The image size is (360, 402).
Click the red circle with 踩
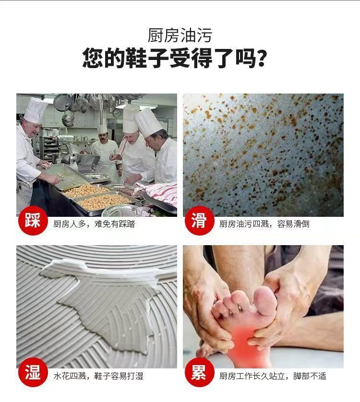[x=33, y=220]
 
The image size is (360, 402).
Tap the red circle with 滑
[x=199, y=220]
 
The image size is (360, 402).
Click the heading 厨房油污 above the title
[x=180, y=35]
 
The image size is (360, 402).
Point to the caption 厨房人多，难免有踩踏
[x=94, y=224]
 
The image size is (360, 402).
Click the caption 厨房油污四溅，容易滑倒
[x=264, y=224]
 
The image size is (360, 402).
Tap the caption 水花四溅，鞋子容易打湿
[x=98, y=376]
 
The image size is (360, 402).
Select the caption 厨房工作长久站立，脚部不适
[x=273, y=376]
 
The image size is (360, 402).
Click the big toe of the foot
[x=265, y=299]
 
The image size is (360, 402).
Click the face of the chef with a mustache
[x=103, y=139]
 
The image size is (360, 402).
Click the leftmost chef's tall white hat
[x=36, y=110]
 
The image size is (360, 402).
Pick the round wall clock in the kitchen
[x=117, y=113]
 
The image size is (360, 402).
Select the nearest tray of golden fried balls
[x=105, y=201]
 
